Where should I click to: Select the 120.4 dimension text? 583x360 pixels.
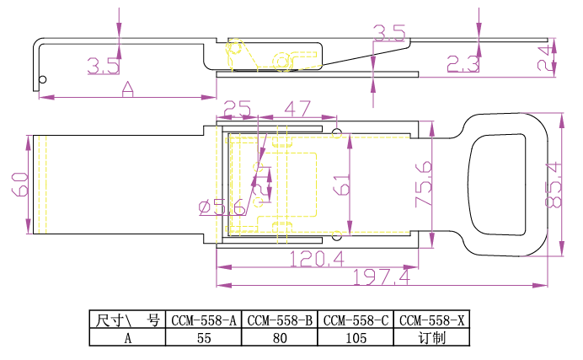(316, 258)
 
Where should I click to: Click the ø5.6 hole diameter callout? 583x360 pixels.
(222, 207)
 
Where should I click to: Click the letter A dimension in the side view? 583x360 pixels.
(128, 89)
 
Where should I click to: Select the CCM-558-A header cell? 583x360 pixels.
(205, 320)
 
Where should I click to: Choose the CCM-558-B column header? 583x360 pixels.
(280, 320)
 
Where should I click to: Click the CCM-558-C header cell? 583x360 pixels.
(356, 320)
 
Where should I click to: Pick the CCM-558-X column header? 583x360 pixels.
(431, 320)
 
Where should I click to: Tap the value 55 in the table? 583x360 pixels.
(205, 338)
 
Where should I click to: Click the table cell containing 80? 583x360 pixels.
(280, 338)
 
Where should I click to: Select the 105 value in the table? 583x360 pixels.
(356, 338)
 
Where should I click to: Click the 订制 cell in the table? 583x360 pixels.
(431, 338)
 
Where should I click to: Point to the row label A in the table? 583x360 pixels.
(128, 338)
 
